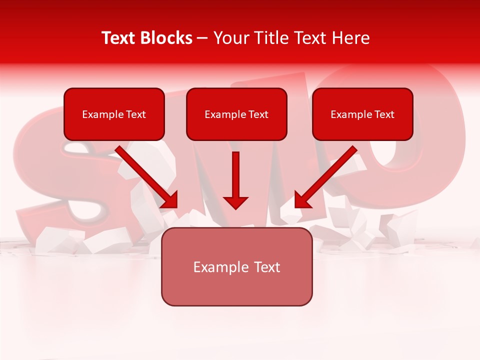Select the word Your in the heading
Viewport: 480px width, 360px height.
pyautogui.click(x=230, y=38)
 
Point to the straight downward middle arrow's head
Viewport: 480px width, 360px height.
pyautogui.click(x=235, y=202)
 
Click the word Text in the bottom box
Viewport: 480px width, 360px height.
pyautogui.click(x=265, y=267)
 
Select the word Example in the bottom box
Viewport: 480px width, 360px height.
pyautogui.click(x=220, y=267)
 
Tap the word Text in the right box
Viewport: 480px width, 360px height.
pyautogui.click(x=384, y=114)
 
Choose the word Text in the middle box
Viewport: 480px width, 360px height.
pyautogui.click(x=258, y=114)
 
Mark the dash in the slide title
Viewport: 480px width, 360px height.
pyautogui.click(x=202, y=38)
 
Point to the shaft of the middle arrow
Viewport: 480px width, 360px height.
pyautogui.click(x=235, y=172)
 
